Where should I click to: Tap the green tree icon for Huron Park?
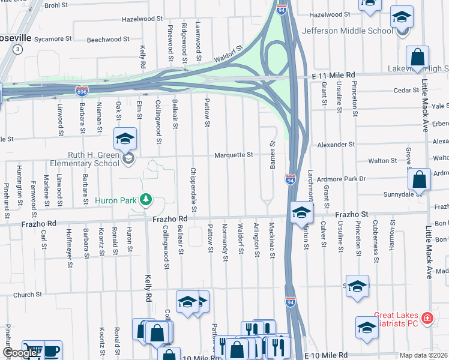tap(145, 199)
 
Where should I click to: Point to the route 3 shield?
tap(19, 50)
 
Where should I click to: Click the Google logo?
tap(19, 353)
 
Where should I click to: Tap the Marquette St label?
tap(234, 155)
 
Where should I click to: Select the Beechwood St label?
tap(108, 40)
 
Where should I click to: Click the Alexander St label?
tap(336, 145)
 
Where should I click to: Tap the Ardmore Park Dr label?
tap(342, 179)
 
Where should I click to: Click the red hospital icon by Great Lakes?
tap(427, 317)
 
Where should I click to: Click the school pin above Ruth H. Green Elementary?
tap(125, 139)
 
